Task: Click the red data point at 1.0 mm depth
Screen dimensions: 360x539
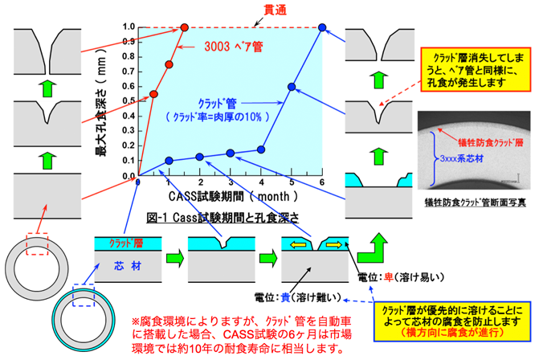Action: click(x=185, y=27)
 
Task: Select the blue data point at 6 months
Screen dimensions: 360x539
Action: click(x=322, y=27)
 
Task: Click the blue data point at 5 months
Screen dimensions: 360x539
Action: click(x=292, y=87)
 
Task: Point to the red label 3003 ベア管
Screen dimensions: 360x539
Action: click(x=234, y=47)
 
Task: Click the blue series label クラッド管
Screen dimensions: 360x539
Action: click(x=216, y=103)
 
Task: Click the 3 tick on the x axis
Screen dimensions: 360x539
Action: click(x=231, y=185)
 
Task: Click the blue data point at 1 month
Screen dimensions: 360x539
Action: click(x=169, y=160)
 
